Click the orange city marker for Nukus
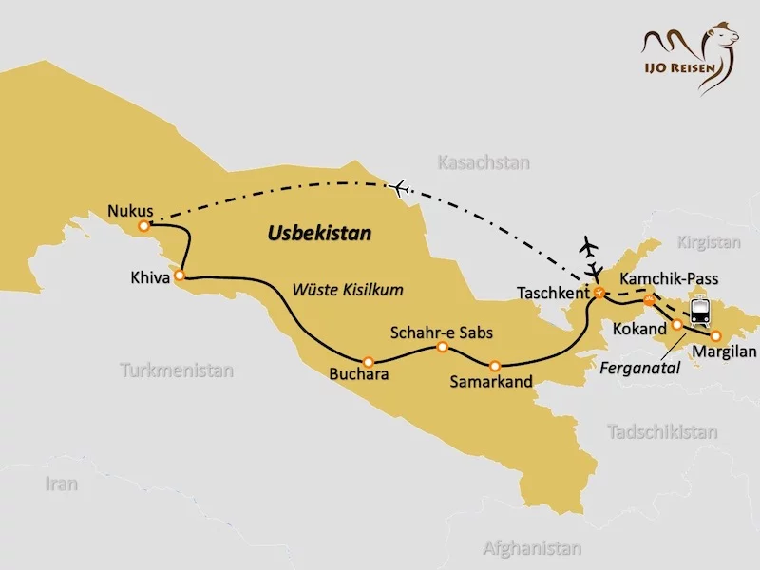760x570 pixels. pyautogui.click(x=143, y=226)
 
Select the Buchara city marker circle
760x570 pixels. pyautogui.click(x=369, y=361)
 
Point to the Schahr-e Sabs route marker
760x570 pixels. pyautogui.click(x=442, y=347)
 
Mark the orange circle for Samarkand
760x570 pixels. pyautogui.click(x=494, y=365)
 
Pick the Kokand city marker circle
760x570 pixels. pyautogui.click(x=676, y=324)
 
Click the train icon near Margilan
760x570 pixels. pyautogui.click(x=701, y=312)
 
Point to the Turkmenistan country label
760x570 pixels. pyautogui.click(x=177, y=370)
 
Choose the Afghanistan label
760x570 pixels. pyautogui.click(x=531, y=548)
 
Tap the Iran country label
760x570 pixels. pyautogui.click(x=61, y=484)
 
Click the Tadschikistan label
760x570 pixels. pyautogui.click(x=661, y=431)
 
